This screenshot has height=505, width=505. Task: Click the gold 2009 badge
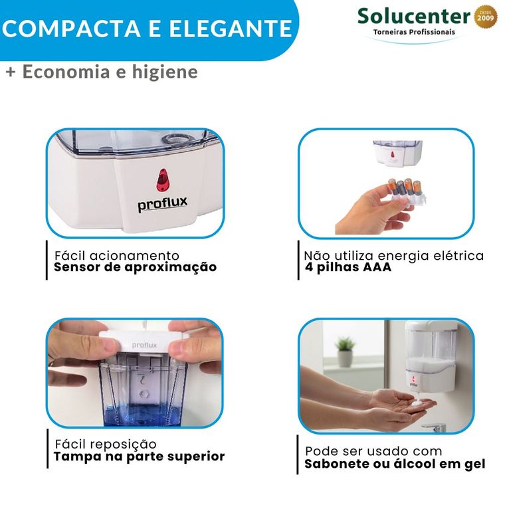click(486, 17)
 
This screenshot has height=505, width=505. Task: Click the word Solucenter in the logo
click(414, 16)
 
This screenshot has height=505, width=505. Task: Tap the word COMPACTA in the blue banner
click(71, 29)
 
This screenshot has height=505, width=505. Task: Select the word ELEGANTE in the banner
click(231, 29)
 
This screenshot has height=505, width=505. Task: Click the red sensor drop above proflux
click(163, 179)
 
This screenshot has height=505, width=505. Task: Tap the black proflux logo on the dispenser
click(163, 203)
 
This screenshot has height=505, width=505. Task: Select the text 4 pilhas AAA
click(348, 267)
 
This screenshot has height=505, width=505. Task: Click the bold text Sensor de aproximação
click(136, 267)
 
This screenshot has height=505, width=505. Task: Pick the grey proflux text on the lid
click(144, 346)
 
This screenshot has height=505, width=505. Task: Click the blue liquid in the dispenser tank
click(145, 415)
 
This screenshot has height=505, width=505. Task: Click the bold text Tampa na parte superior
click(139, 456)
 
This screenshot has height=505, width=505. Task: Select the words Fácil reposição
click(106, 444)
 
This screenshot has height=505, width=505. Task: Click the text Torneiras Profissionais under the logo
click(414, 32)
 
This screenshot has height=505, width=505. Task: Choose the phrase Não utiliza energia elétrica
click(394, 256)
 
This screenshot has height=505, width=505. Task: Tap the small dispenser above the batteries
click(397, 153)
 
